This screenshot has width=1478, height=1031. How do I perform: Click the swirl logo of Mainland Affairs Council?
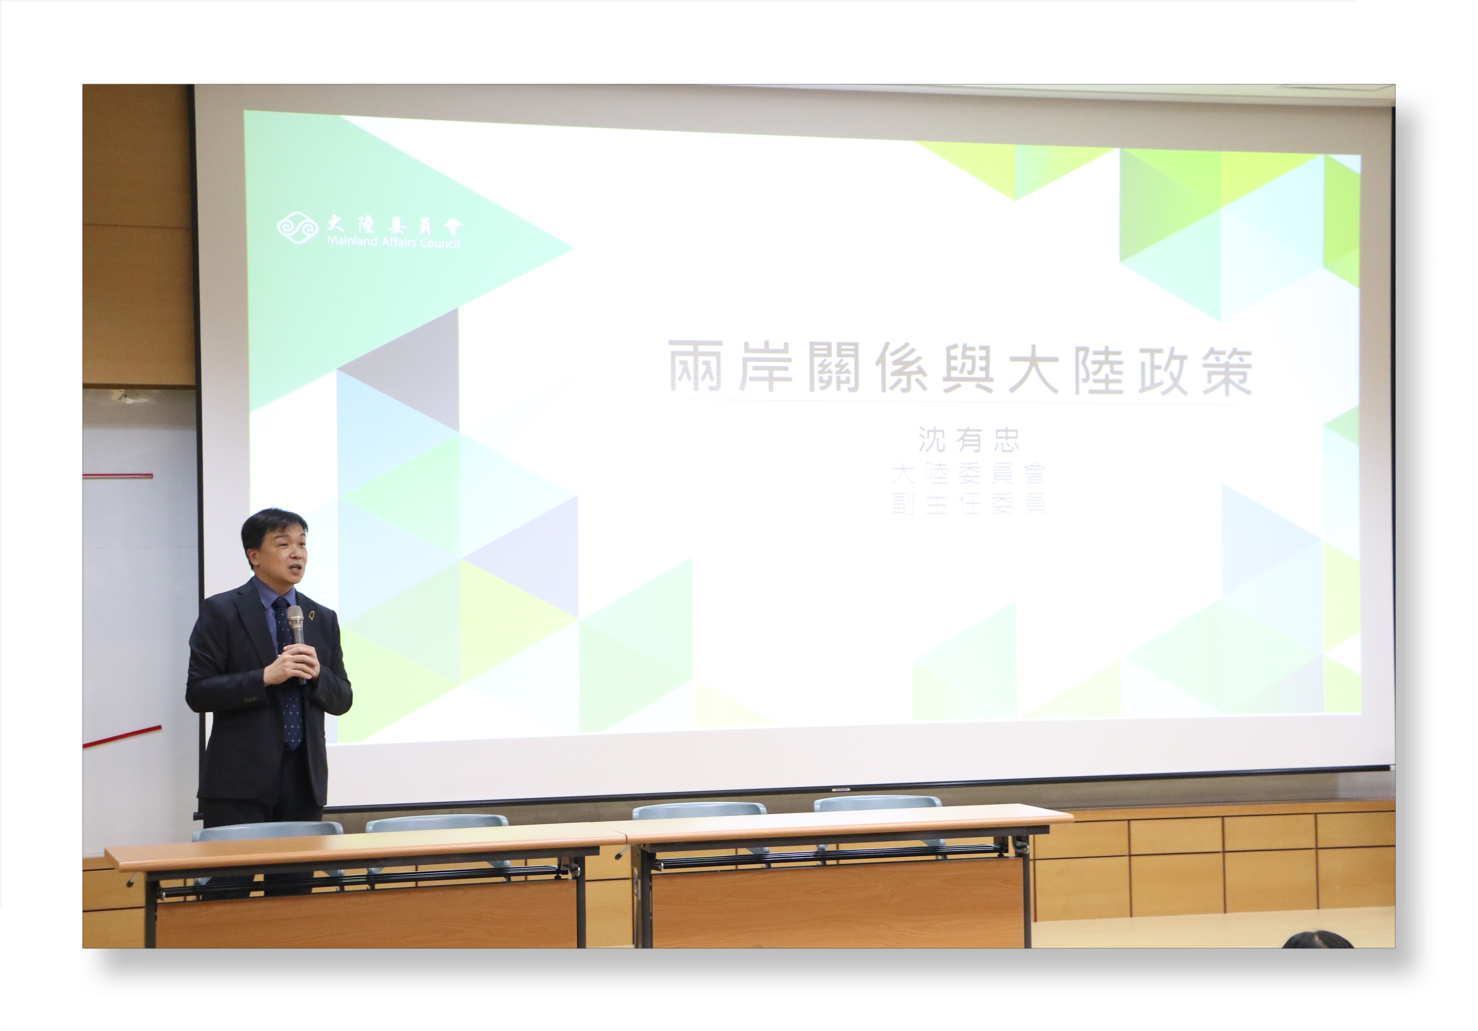[297, 229]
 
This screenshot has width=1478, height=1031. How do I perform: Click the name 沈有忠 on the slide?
[969, 440]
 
